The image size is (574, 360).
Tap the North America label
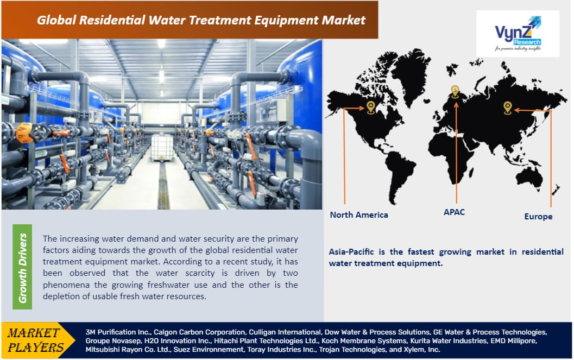[359, 214]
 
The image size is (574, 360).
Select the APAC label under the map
[454, 212]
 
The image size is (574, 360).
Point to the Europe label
[538, 216]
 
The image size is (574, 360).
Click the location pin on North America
[370, 106]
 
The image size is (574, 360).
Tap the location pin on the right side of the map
[507, 108]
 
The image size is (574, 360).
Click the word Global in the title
[58, 21]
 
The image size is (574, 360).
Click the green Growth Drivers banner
[22, 267]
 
